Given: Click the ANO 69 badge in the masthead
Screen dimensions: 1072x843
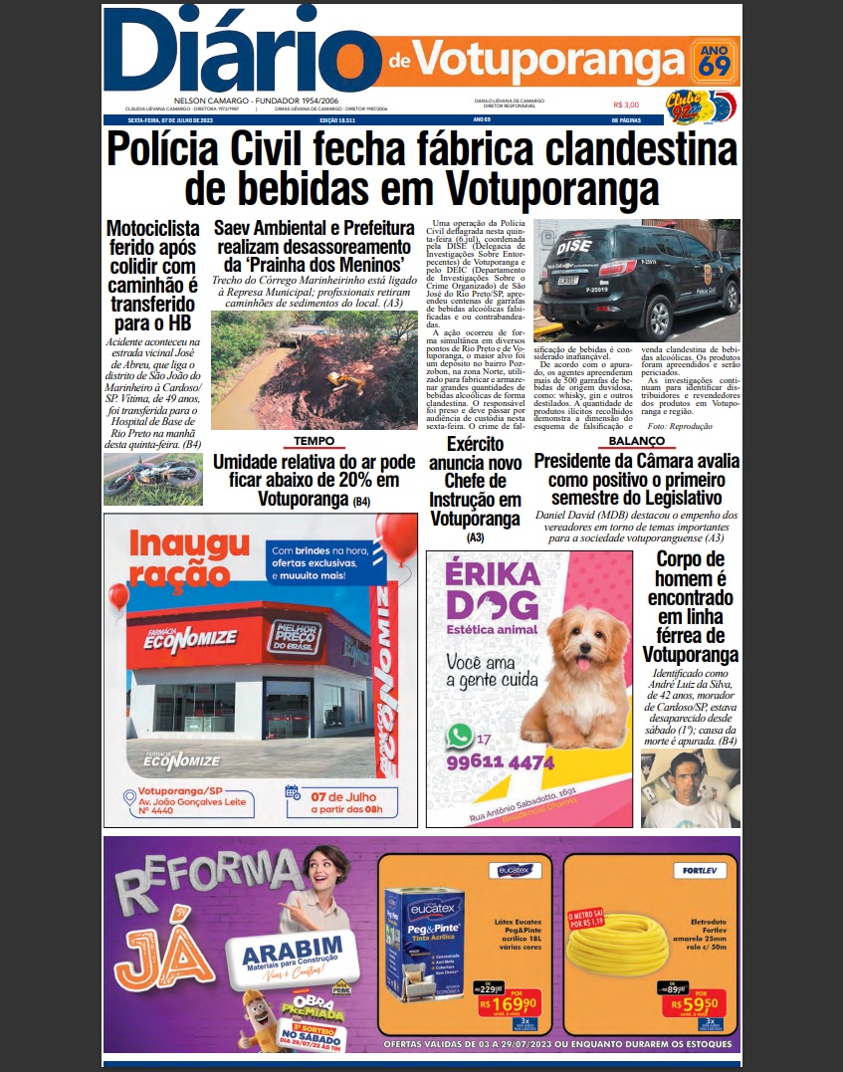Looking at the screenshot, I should (714, 60).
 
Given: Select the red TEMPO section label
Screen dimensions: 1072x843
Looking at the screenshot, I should (313, 440).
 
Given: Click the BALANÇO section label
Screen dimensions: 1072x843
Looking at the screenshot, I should (636, 440).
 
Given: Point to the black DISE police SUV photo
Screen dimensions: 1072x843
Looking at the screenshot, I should (636, 281).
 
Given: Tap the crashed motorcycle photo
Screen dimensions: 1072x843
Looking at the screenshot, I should (151, 480).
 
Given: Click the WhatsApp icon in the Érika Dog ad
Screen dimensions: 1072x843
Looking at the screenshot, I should (460, 736).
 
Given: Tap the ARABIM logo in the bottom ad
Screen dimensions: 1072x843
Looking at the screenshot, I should (293, 954).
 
